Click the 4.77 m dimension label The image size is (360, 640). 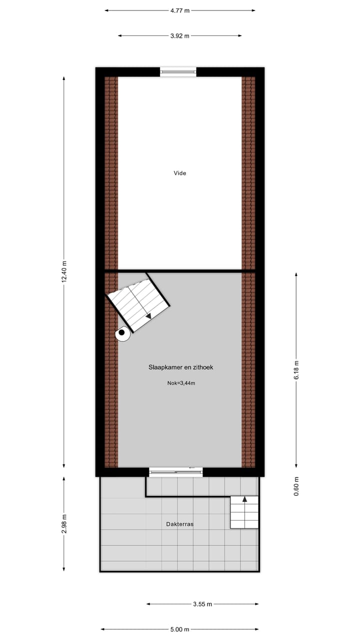pos(180,10)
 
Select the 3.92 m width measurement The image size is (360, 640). pos(180,35)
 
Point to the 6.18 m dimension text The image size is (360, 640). pos(296,369)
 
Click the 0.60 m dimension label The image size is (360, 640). pos(296,485)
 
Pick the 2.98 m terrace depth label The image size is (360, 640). pos(64,523)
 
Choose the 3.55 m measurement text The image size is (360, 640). pos(202,604)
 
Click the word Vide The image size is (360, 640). pos(180,173)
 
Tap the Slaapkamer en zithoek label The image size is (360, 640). pos(181,367)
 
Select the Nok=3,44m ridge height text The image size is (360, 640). pos(181,383)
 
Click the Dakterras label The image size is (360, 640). pos(180,524)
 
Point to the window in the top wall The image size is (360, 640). pos(178,72)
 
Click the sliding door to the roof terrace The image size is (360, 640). pos(176,471)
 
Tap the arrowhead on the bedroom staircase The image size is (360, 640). pos(148,316)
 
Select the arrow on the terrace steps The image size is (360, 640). pos(245,499)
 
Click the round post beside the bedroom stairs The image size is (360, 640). pos(121,332)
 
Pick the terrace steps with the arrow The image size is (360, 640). pos(244,512)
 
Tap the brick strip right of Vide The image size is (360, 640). pos(248,173)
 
